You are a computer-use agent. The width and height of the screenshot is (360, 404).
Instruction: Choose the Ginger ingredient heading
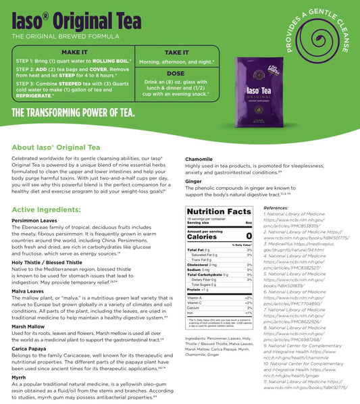[x=193, y=182]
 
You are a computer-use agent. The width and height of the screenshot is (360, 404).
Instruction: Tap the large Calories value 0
[x=249, y=236]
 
